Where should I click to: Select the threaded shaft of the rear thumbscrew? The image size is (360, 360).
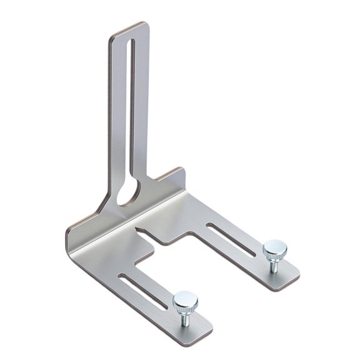coord(274,266)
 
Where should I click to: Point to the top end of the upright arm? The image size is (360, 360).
coord(128,27)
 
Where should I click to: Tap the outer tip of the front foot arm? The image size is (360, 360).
coord(203,331)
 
